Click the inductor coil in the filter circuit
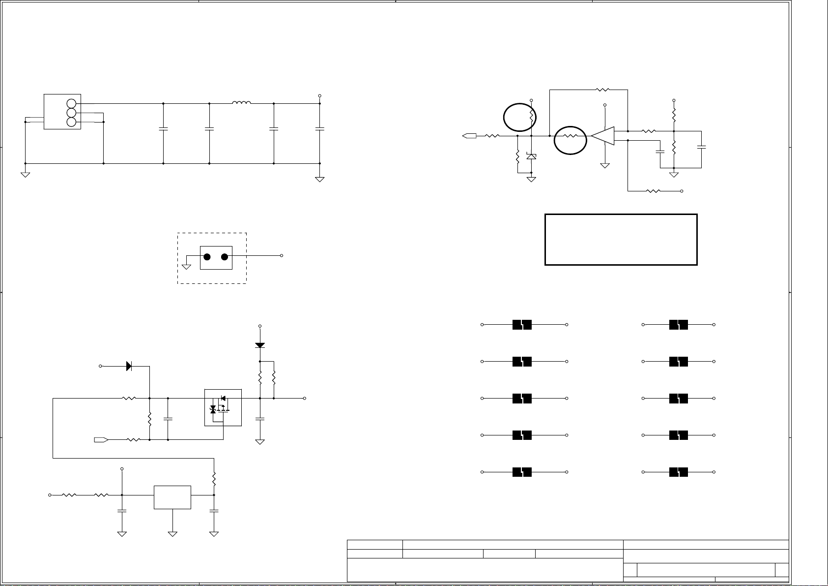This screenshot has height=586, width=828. point(241,103)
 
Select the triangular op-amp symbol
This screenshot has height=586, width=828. point(603,136)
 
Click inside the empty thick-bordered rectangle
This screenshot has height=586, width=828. point(621,240)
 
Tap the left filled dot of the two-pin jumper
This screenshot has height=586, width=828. point(207,257)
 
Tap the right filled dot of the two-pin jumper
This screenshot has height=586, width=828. point(225,257)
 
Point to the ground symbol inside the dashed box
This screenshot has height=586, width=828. point(186,266)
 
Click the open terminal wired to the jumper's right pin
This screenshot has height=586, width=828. point(282,256)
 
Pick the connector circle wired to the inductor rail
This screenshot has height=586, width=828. point(72,103)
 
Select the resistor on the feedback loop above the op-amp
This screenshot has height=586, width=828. point(602,90)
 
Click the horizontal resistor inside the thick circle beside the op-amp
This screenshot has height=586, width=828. point(570,136)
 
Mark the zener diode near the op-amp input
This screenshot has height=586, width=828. point(531,156)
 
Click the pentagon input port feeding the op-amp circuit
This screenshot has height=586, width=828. point(469,136)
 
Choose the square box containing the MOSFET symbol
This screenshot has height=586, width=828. point(223,407)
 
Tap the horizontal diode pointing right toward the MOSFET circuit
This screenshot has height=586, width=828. point(129,366)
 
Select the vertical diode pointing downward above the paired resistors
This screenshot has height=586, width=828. point(260,345)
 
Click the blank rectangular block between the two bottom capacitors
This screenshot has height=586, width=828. point(172,497)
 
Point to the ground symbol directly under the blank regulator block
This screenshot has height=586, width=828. point(172,533)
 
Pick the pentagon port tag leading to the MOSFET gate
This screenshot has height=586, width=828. point(101,439)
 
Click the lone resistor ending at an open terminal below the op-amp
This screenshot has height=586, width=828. point(654,191)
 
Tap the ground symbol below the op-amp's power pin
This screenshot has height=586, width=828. point(605,166)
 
